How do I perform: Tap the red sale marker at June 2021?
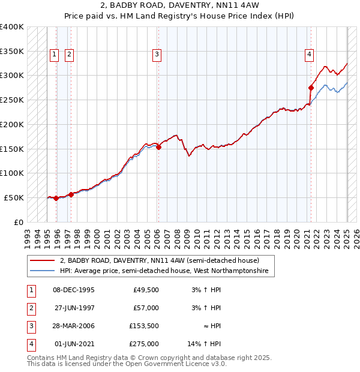pos(311,88)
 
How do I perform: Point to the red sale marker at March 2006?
pos(158,147)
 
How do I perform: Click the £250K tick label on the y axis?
pos(11,100)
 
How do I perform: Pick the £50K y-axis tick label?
pos(14,197)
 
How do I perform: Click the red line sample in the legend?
pos(42,261)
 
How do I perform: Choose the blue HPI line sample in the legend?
pos(42,271)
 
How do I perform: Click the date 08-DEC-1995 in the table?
pos(74,290)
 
